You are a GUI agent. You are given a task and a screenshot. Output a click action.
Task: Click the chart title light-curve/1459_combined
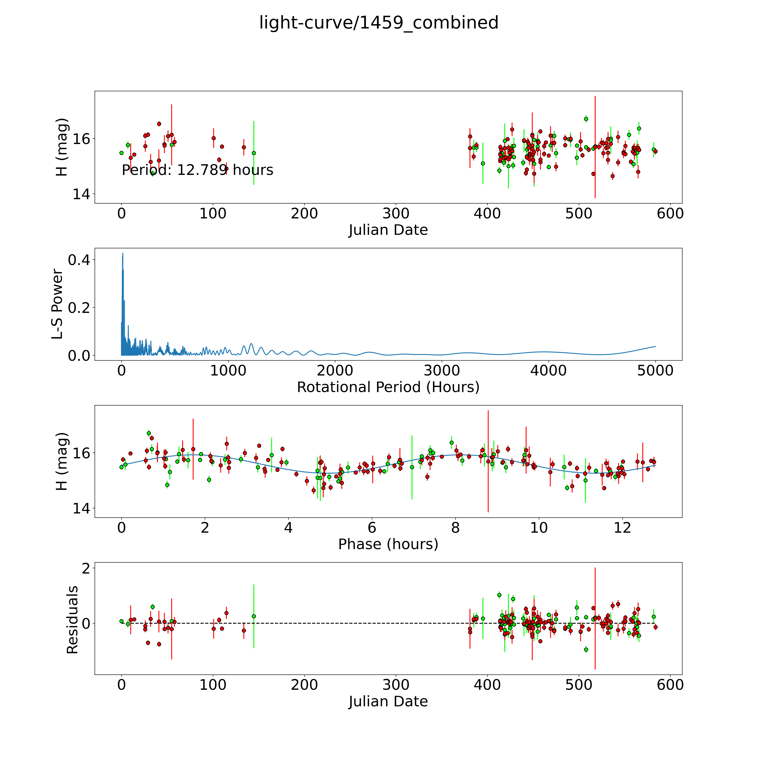[x=379, y=23]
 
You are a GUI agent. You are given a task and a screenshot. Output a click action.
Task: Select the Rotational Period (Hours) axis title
[x=388, y=387]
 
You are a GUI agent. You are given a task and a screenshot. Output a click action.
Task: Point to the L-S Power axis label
[x=57, y=304]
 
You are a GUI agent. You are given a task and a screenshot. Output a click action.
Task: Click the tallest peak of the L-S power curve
[x=123, y=254]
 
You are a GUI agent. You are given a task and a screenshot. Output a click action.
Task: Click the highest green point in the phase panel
[x=149, y=433]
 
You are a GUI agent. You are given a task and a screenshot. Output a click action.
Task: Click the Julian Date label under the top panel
[x=388, y=230]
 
